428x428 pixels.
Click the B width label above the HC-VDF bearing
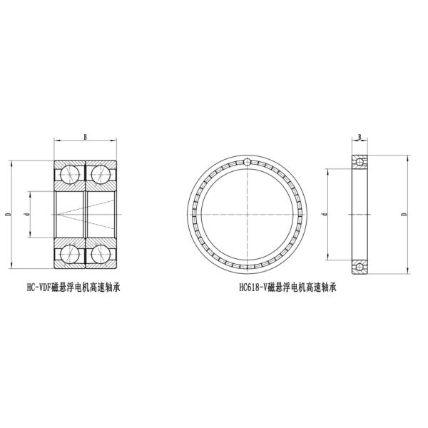[x=85, y=137]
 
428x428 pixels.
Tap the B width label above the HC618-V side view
[x=360, y=137]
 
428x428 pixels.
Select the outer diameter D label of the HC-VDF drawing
[x=8, y=214]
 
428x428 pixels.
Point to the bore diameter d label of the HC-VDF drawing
[x=27, y=214]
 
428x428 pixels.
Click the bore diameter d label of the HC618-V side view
[x=324, y=214]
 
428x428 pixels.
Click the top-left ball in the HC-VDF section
[x=70, y=175]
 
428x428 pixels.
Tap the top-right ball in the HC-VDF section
[x=101, y=175]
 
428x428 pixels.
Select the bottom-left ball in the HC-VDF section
[x=70, y=254]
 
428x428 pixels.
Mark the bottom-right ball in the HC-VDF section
[x=101, y=254]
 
